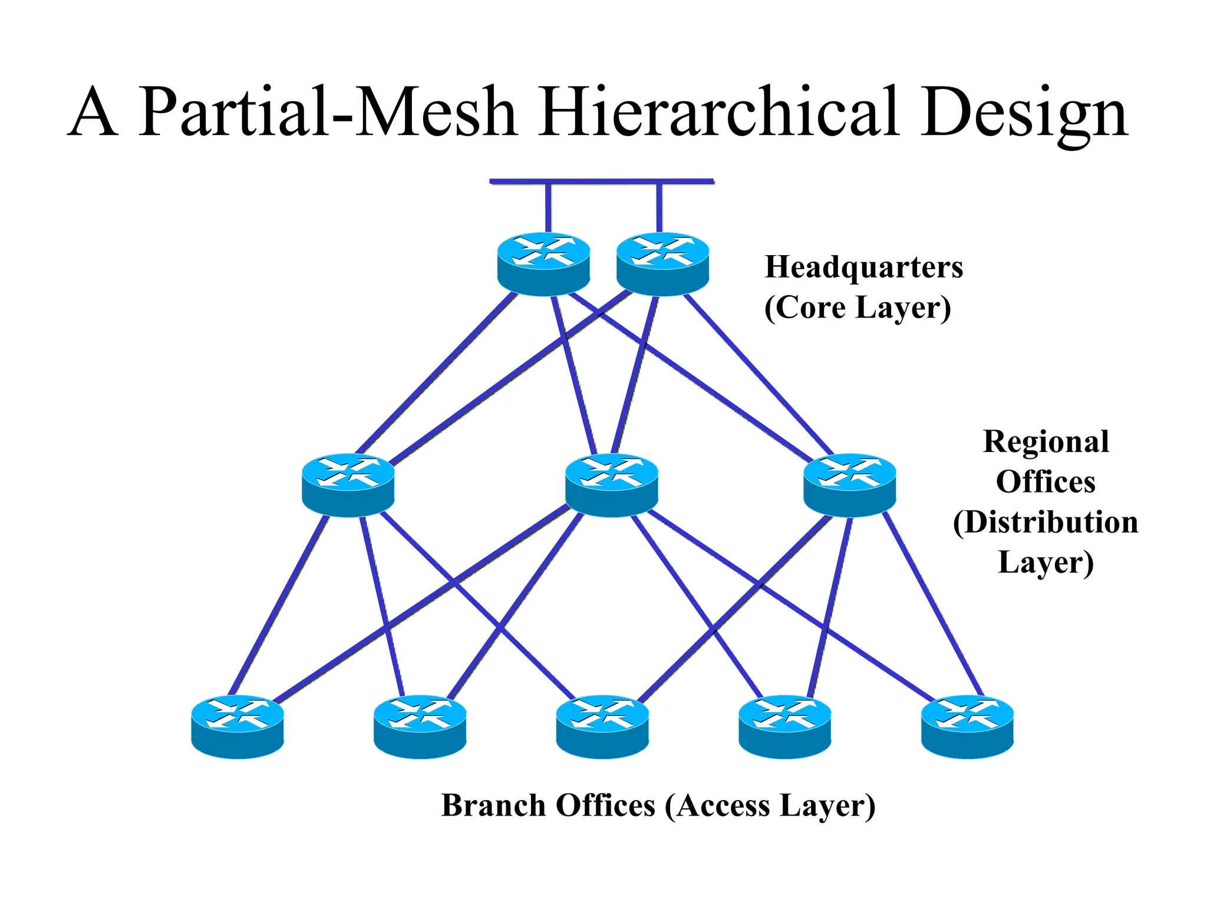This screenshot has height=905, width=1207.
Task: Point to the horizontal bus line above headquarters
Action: (x=601, y=181)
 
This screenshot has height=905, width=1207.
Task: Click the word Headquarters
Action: (x=863, y=267)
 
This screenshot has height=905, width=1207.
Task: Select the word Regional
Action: (x=1046, y=441)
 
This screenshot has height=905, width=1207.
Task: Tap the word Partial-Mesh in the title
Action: (x=328, y=112)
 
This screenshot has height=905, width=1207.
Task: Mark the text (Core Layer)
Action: (x=858, y=308)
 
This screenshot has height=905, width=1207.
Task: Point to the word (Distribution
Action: (x=1046, y=522)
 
